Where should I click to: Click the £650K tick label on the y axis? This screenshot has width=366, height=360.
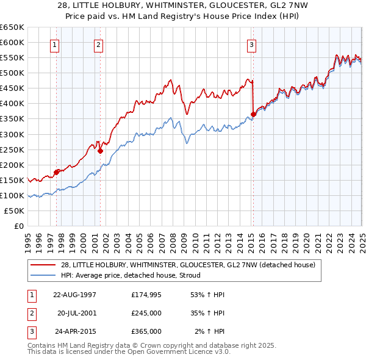[12, 27]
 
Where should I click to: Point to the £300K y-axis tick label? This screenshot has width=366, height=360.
[12, 134]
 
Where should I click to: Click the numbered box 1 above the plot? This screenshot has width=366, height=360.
[55, 44]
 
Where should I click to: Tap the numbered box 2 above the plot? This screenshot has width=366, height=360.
[98, 44]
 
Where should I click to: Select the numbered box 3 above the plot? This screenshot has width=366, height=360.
[251, 44]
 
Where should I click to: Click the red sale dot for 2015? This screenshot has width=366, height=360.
[253, 114]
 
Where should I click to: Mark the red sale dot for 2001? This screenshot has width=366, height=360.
[101, 151]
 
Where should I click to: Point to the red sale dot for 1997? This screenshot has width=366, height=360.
[57, 172]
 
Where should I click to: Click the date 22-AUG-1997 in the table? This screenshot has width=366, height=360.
[75, 295]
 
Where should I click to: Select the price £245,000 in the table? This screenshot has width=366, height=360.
[146, 313]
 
